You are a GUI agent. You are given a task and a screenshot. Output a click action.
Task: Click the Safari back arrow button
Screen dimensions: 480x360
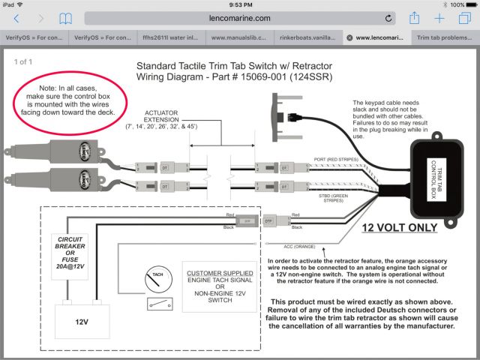[x=16, y=18]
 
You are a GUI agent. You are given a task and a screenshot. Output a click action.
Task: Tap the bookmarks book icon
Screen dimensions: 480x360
[x=66, y=18]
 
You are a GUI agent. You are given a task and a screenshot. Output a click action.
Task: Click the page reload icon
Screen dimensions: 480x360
[x=388, y=18]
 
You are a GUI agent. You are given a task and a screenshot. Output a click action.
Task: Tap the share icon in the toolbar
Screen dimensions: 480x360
[x=415, y=18]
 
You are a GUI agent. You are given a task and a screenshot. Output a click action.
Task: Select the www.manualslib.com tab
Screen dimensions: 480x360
[x=241, y=37]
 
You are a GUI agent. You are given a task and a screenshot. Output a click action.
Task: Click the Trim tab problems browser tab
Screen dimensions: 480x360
[x=446, y=37]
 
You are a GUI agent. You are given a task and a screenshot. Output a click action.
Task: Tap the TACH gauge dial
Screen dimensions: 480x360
[x=157, y=281]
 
